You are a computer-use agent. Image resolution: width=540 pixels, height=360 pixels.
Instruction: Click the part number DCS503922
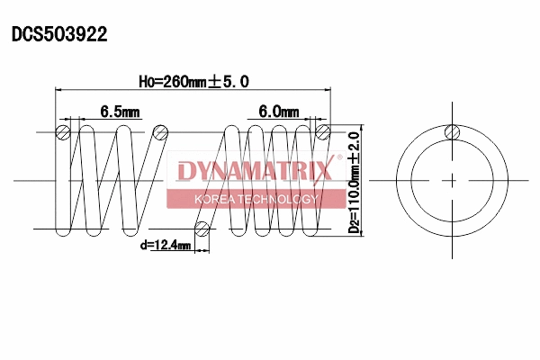click(x=59, y=35)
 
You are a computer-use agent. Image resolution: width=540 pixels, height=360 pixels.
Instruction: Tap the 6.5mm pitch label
click(x=121, y=112)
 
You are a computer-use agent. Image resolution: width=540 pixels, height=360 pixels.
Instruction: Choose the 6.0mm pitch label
click(x=278, y=112)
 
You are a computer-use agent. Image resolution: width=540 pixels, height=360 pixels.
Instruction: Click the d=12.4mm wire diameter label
click(x=165, y=244)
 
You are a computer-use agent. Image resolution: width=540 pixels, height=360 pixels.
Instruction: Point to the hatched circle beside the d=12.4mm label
click(x=203, y=229)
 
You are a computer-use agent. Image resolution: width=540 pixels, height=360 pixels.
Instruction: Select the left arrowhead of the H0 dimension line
click(x=60, y=91)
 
